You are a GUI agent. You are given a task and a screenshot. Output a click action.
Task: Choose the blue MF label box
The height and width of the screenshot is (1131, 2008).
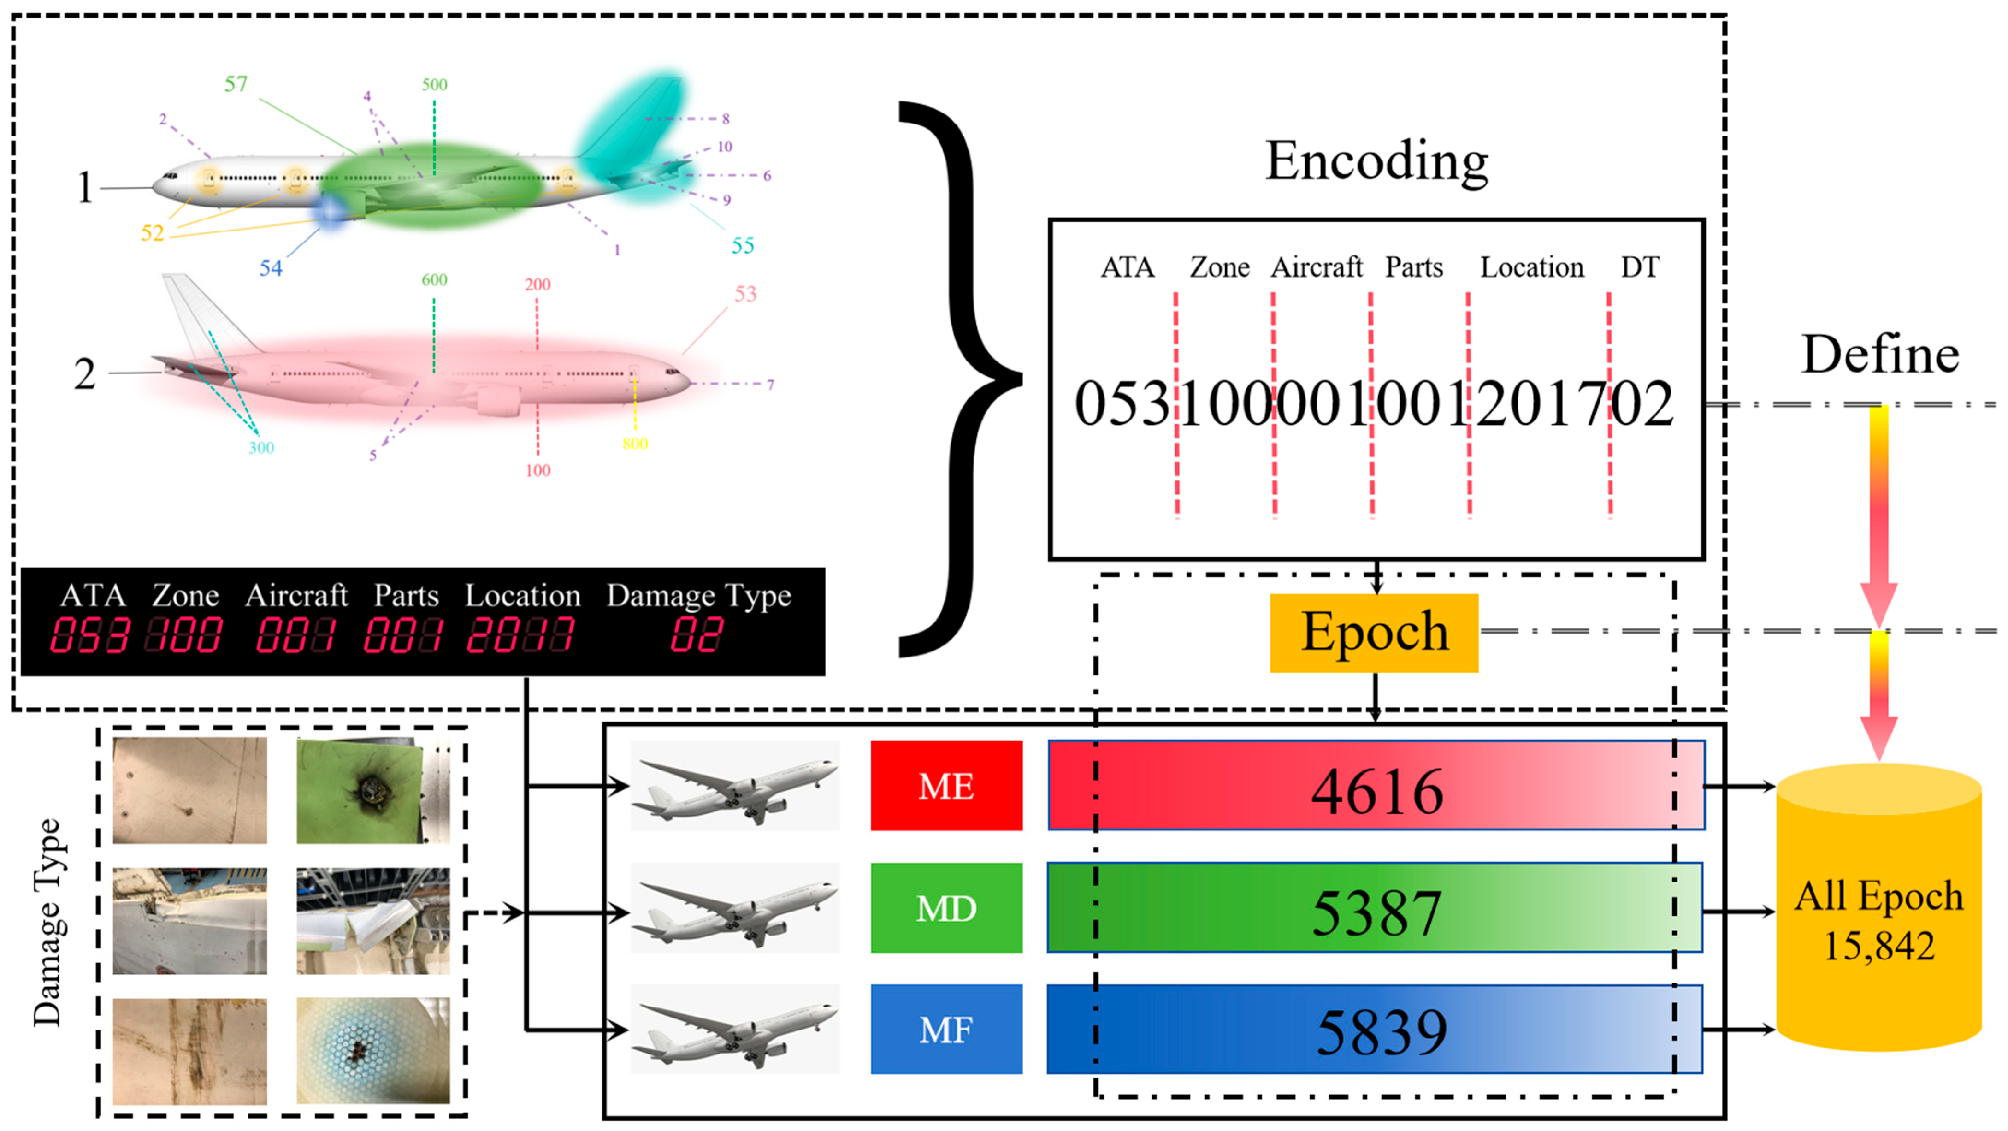(945, 1029)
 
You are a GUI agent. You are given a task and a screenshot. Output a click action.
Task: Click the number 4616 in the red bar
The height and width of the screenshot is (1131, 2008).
(1376, 791)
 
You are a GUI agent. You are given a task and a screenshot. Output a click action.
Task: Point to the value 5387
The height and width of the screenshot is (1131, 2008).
(1376, 913)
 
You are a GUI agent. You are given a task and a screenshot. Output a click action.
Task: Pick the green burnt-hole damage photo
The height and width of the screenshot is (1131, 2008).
(372, 790)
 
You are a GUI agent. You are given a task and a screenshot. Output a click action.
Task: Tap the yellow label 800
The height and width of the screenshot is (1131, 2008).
(634, 444)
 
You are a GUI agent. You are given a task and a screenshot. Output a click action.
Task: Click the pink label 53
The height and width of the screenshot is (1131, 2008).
(745, 294)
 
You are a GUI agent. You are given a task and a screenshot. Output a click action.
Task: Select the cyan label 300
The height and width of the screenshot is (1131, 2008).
(261, 447)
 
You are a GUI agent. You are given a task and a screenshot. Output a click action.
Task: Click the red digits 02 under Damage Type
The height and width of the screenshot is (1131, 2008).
(696, 634)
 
